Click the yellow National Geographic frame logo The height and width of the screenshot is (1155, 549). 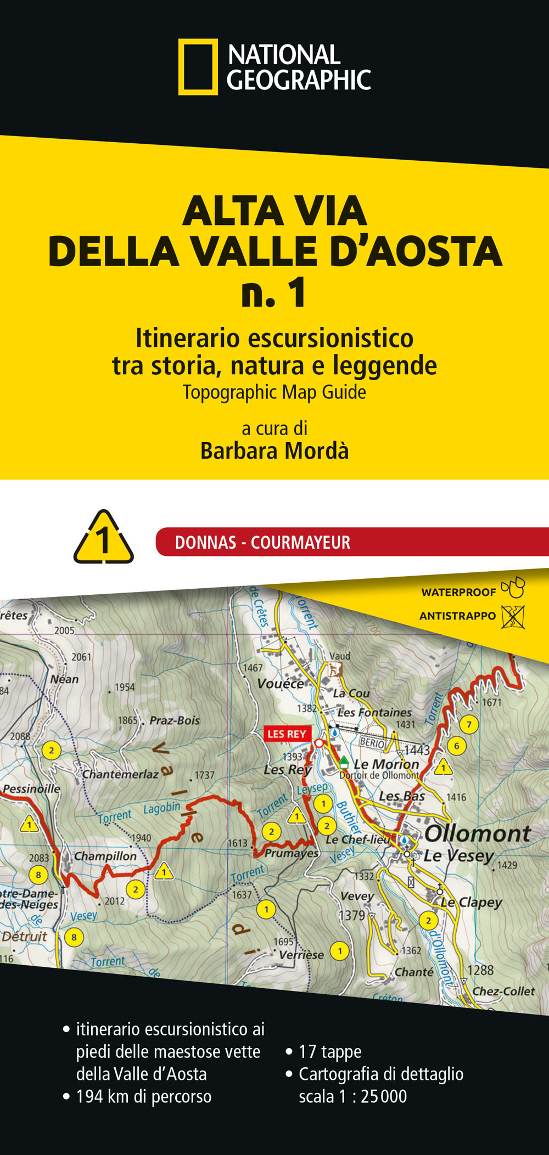tap(198, 67)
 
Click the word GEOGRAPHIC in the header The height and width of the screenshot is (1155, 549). tap(299, 81)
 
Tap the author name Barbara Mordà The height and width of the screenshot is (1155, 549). tap(274, 451)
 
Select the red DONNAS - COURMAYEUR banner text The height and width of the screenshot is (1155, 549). tap(262, 543)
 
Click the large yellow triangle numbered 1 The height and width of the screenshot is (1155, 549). tap(104, 539)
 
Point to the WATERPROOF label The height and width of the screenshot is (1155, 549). tap(458, 592)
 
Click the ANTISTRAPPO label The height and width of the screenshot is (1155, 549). tap(457, 616)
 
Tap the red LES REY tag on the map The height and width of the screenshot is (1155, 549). tap(287, 734)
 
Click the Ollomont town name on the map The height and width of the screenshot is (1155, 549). tap(477, 834)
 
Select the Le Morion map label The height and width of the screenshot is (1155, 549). tap(386, 764)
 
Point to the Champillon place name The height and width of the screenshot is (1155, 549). tap(105, 856)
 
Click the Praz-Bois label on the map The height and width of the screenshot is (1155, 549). tap(175, 720)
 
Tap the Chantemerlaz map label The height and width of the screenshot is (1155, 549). tap(120, 774)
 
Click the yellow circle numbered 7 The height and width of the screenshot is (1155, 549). tap(469, 724)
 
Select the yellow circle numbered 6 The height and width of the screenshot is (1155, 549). tap(456, 746)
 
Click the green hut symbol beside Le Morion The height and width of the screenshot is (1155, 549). tap(344, 762)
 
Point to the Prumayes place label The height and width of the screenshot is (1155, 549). tap(291, 853)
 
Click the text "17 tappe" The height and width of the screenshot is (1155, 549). tap(330, 1052)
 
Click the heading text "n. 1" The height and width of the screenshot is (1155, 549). tap(274, 294)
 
